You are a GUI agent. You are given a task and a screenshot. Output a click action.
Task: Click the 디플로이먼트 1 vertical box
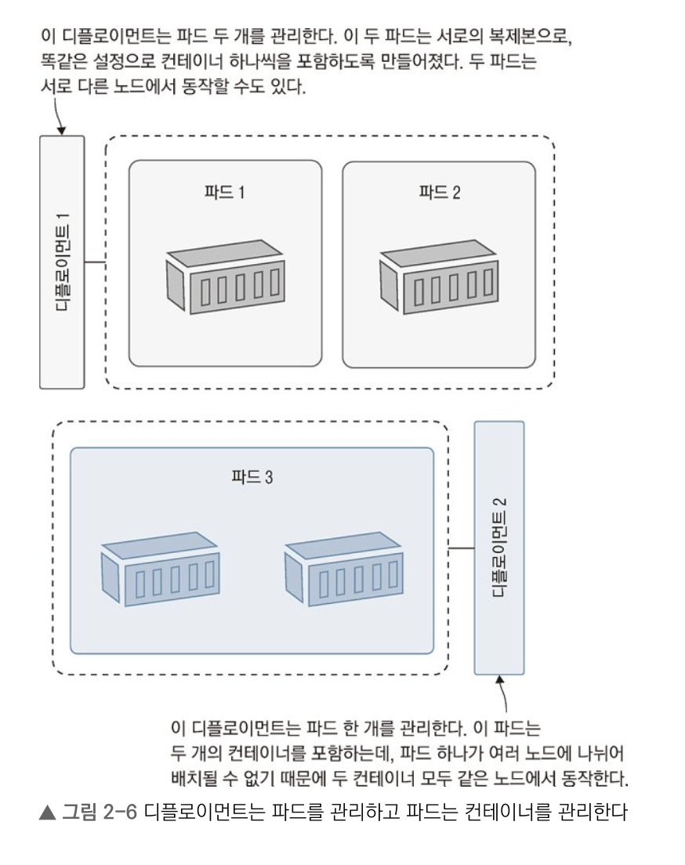pyautogui.click(x=62, y=262)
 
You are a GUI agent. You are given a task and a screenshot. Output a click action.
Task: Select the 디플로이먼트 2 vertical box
pyautogui.click(x=499, y=547)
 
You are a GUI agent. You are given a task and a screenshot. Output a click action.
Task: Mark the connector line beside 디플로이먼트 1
pyautogui.click(x=95, y=262)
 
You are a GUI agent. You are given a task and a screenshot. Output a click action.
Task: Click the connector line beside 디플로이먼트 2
pyautogui.click(x=461, y=548)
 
